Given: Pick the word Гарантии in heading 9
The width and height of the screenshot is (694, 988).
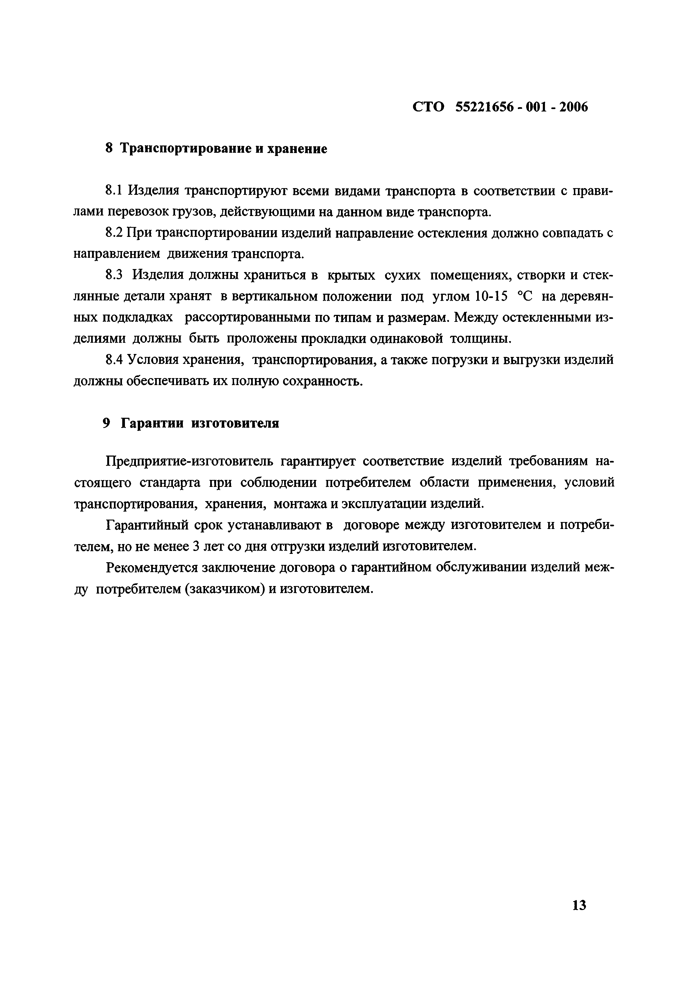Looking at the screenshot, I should (153, 423).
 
